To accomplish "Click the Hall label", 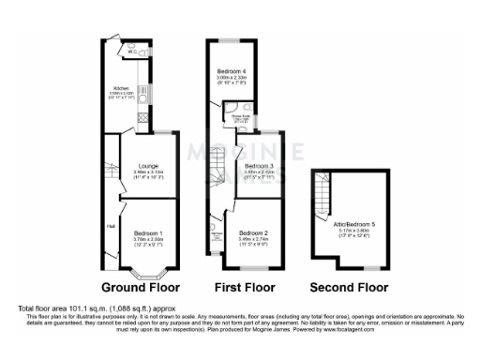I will tap(109, 225).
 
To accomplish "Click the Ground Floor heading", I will tap(140, 288).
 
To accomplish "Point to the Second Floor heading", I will tap(348, 288).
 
